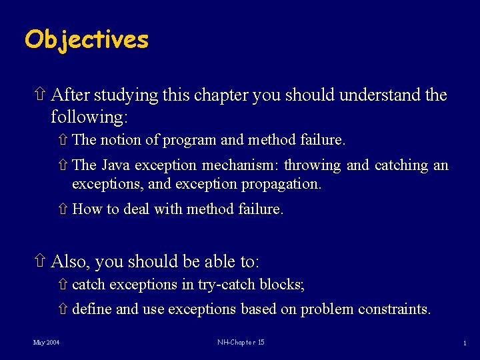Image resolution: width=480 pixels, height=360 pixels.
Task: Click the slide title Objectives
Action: click(x=87, y=39)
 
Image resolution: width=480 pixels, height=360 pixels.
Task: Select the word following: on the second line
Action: click(x=89, y=117)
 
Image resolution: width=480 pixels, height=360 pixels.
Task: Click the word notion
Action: click(x=121, y=140)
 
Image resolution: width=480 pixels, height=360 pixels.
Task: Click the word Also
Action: click(x=69, y=261)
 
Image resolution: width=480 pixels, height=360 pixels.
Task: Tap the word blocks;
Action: click(x=283, y=285)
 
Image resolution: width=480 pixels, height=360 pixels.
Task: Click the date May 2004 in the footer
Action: click(x=47, y=343)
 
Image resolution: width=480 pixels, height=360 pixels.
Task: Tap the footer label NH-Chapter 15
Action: click(x=241, y=343)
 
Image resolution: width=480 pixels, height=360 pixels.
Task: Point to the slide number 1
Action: click(x=464, y=343)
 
